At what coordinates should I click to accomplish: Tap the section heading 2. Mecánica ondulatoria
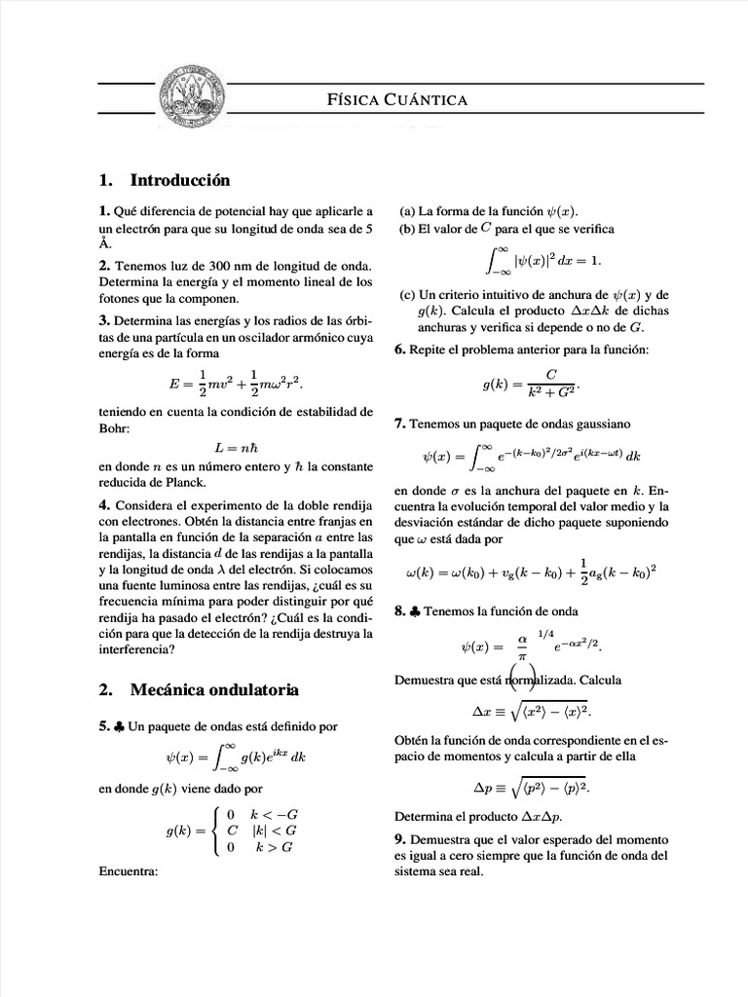[x=199, y=690]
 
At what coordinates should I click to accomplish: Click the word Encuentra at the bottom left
[x=129, y=871]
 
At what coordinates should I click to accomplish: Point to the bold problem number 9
[x=399, y=839]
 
